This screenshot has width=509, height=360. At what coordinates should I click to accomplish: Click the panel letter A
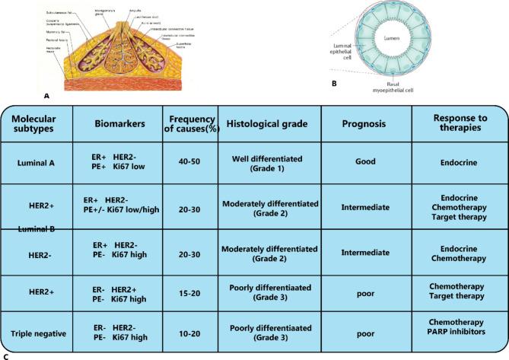(x=47, y=97)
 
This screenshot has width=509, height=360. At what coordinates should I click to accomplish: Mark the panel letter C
(x=6, y=355)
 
